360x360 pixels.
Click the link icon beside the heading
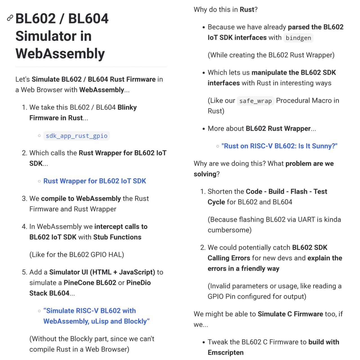[10, 18]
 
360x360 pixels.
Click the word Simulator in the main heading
[53, 36]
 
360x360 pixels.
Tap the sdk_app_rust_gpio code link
[76, 136]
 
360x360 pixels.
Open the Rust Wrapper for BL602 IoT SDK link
[94, 181]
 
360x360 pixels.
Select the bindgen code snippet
[298, 38]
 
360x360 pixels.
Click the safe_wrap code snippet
[255, 101]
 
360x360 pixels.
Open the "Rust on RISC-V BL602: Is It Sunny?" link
[279, 146]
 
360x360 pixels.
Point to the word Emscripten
[226, 352]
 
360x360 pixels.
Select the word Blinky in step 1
[127, 107]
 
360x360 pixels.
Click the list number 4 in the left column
[24, 227]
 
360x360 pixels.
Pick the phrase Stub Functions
[117, 237]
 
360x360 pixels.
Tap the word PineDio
[138, 283]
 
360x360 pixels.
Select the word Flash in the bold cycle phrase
[299, 192]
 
